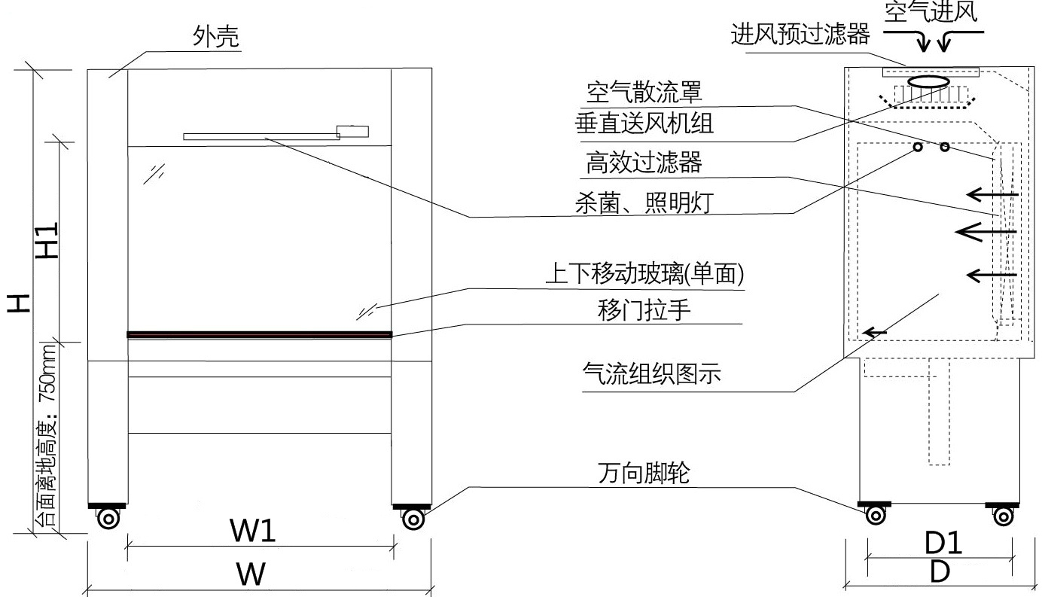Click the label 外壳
pyautogui.click(x=216, y=38)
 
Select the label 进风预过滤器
pyautogui.click(x=800, y=35)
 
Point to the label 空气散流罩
pyautogui.click(x=644, y=93)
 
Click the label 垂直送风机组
pyautogui.click(x=644, y=124)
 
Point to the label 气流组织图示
pyautogui.click(x=652, y=373)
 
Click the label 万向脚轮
pyautogui.click(x=644, y=474)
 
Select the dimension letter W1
pyautogui.click(x=252, y=532)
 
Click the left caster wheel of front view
pyautogui.click(x=108, y=518)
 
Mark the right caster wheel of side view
pyautogui.click(x=1003, y=516)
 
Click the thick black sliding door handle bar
pyautogui.click(x=260, y=334)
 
